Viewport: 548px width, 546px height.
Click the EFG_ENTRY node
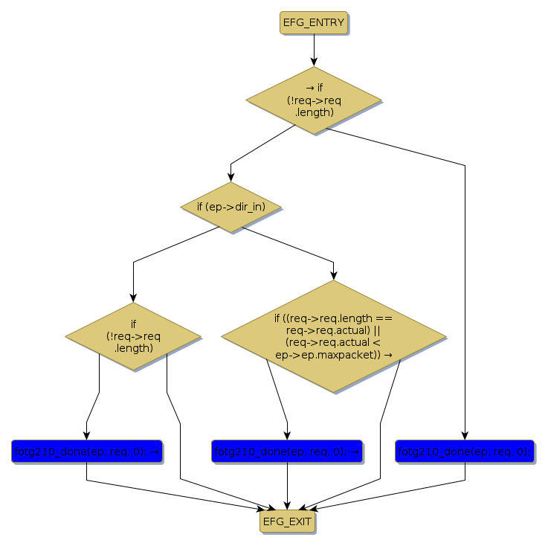313,22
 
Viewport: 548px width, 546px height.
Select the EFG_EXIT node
287,522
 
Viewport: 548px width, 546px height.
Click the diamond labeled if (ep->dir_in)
231,207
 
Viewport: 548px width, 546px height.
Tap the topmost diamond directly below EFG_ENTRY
313,100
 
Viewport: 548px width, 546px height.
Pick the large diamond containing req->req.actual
333,337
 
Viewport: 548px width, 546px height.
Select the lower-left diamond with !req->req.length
133,336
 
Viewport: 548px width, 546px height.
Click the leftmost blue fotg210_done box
87,451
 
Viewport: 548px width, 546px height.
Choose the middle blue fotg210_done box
286,451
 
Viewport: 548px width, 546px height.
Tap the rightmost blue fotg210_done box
465,451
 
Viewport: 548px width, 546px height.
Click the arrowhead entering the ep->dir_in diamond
231,178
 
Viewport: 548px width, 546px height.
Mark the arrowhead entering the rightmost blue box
465,435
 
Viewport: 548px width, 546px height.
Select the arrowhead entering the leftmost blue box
87,435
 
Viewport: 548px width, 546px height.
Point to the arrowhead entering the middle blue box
287,435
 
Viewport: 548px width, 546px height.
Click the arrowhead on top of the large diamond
333,275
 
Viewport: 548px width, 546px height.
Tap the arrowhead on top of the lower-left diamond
133,298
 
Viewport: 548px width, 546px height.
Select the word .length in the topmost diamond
313,112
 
